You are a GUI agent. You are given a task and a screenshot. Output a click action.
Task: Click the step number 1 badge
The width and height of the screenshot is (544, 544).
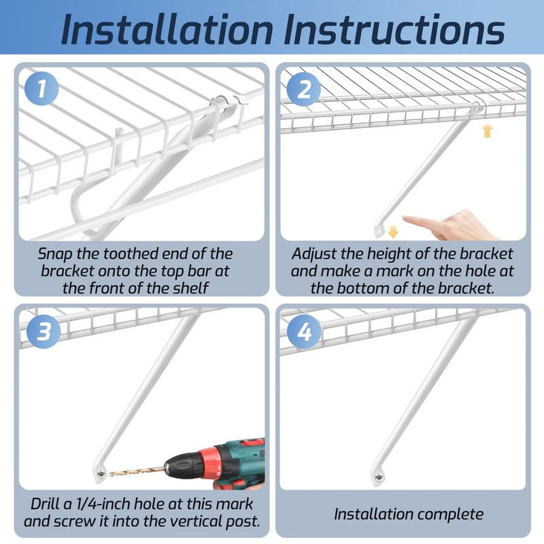[41, 88]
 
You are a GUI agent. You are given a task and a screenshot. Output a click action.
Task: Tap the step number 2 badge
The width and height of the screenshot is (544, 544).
[304, 88]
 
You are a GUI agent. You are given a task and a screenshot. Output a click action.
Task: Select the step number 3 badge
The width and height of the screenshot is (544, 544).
[43, 331]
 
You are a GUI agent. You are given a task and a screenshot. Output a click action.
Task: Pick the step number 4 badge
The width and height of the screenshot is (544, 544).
[305, 331]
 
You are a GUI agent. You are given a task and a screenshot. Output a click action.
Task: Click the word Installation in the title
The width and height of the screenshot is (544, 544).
[167, 29]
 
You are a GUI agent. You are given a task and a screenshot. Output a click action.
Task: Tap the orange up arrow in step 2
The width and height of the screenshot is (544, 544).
[487, 131]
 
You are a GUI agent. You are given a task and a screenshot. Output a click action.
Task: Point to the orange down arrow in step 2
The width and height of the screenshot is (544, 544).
[392, 232]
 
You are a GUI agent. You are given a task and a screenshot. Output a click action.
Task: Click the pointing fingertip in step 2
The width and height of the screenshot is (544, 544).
[406, 218]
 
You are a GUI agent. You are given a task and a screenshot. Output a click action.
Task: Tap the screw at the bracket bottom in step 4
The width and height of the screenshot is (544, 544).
[379, 478]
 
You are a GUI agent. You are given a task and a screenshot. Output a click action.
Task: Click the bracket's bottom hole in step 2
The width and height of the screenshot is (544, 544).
[379, 230]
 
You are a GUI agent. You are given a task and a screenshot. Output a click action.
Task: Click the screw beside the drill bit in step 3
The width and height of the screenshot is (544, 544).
[101, 473]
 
